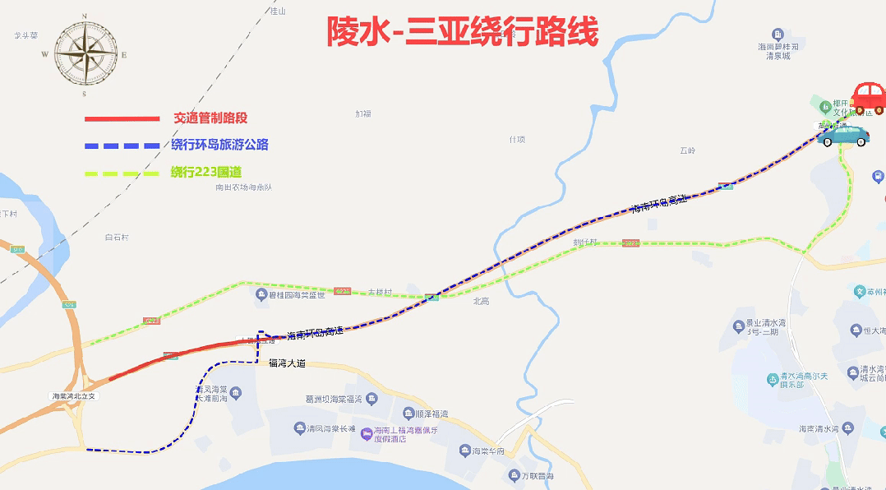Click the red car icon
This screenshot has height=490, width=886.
click(868, 98)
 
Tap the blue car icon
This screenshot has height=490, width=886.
click(842, 134)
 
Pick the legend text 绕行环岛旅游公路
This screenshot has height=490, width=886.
click(219, 145)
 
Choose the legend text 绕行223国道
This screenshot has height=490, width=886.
click(206, 172)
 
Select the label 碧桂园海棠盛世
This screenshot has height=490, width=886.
click(300, 294)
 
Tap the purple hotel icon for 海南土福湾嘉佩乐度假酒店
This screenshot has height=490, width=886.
click(367, 432)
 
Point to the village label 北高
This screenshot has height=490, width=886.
click(481, 302)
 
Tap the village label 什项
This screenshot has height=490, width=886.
click(516, 139)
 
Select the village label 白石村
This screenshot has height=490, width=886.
click(117, 238)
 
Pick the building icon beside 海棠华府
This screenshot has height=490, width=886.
click(464, 451)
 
